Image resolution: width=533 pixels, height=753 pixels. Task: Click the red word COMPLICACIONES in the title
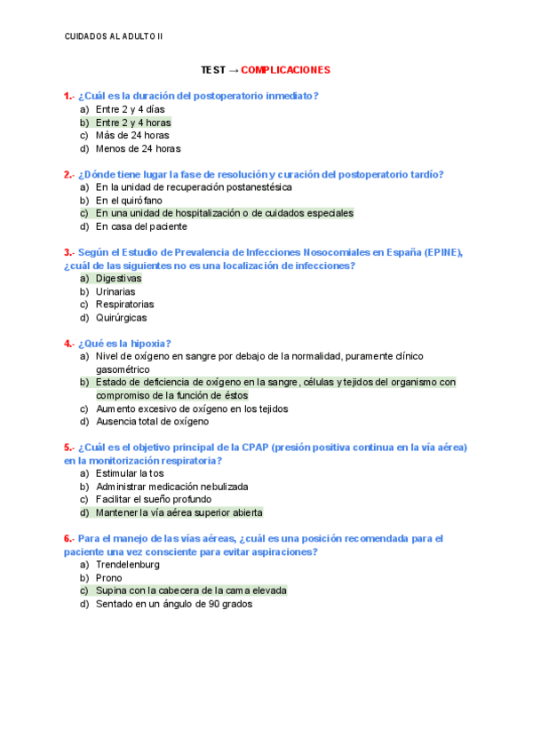point(285,69)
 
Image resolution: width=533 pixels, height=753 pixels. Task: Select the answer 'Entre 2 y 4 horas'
point(133,123)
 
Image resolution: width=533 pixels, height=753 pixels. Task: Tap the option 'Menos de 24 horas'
point(138,149)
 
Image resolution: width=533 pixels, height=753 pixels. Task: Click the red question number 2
point(68,174)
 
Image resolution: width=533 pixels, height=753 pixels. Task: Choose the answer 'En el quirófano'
point(129,201)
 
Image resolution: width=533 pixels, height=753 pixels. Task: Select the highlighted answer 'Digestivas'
point(118,278)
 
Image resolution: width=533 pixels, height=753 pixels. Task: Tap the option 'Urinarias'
point(115,291)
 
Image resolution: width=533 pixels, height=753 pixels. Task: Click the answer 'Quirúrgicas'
point(122,317)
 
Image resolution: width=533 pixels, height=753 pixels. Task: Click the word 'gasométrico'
point(123,369)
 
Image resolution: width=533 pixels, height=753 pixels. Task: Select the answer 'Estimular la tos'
point(130,473)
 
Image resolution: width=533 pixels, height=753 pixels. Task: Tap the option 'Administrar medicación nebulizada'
point(171,487)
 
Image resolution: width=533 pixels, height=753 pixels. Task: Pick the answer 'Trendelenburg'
point(128,564)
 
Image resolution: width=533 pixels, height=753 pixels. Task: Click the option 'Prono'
point(109,577)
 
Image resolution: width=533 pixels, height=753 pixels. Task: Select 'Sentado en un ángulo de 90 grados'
point(173,604)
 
